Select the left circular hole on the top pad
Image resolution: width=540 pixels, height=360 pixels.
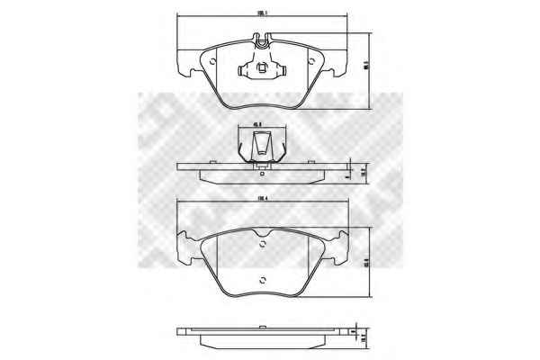click(x=212, y=62)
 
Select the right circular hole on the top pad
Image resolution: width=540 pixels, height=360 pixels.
click(x=310, y=62)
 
